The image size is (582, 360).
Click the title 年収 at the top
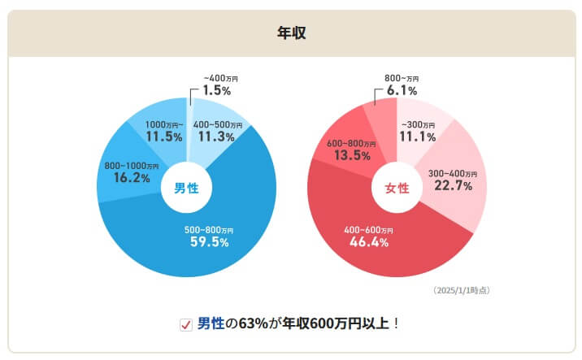[x=291, y=33]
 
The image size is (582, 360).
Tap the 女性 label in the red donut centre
[x=397, y=189]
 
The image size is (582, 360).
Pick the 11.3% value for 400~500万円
[x=218, y=137]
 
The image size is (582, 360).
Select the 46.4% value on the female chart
[x=367, y=241]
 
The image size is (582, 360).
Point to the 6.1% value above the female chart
[x=401, y=90]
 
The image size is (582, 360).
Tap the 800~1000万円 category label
[x=132, y=166]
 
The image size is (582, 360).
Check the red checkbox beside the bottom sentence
[x=185, y=324]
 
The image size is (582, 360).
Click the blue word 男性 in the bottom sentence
[x=211, y=323]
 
